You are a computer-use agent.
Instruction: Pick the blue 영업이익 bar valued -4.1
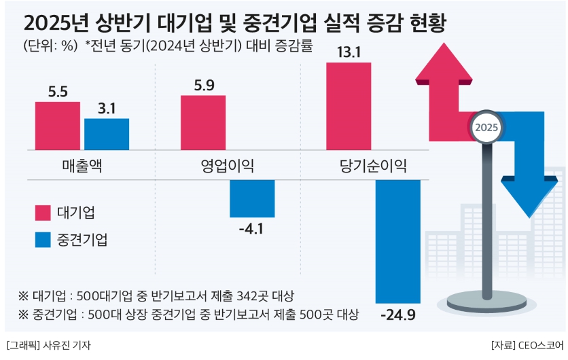click(252, 198)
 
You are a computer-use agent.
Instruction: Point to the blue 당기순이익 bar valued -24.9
click(398, 241)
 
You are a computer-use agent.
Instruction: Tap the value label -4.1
click(252, 229)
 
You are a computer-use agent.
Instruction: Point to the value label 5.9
click(203, 86)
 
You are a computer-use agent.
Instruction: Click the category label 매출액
click(82, 165)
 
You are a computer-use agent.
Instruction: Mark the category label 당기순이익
click(373, 165)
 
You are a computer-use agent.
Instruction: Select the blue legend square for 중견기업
click(43, 239)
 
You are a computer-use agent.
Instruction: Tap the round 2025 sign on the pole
click(486, 127)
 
